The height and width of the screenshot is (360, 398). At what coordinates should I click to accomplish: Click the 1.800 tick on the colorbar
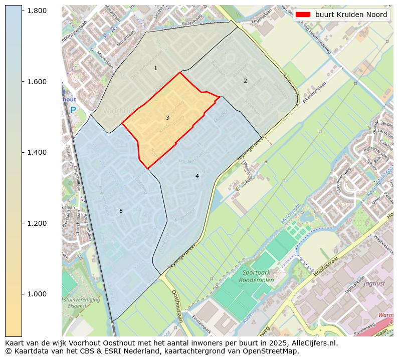(37, 11)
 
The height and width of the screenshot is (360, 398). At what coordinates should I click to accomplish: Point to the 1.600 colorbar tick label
(37, 82)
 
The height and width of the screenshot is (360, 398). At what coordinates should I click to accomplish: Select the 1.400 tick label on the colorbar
(37, 152)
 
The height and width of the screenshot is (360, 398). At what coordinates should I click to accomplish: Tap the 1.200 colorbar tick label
(37, 223)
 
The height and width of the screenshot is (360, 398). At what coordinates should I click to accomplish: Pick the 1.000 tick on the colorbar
(37, 294)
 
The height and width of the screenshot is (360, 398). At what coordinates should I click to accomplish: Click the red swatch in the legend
(303, 15)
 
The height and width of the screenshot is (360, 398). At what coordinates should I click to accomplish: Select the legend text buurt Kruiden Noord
(351, 15)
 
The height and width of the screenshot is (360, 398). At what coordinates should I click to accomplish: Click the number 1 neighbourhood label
(155, 68)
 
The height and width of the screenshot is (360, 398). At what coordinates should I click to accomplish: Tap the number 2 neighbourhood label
(245, 81)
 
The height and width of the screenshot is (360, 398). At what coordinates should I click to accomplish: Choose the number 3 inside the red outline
(167, 118)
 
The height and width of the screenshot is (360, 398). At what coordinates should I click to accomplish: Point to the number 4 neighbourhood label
(197, 176)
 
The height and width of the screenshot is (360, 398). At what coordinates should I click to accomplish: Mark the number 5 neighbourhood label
(121, 211)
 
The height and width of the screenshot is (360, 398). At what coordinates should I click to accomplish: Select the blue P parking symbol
(73, 110)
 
